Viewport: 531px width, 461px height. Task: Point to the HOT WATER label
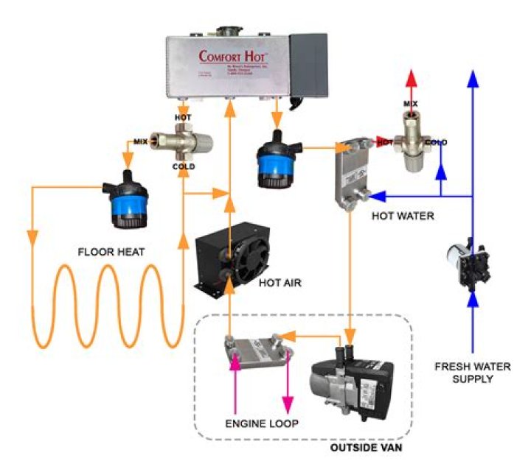coord(403,217)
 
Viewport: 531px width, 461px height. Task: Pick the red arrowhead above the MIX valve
coord(411,80)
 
